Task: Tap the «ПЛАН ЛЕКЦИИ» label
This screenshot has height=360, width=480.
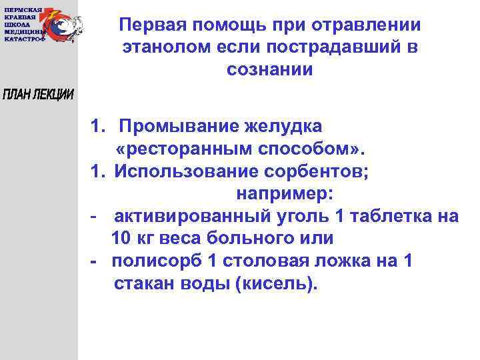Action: click(38, 95)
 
